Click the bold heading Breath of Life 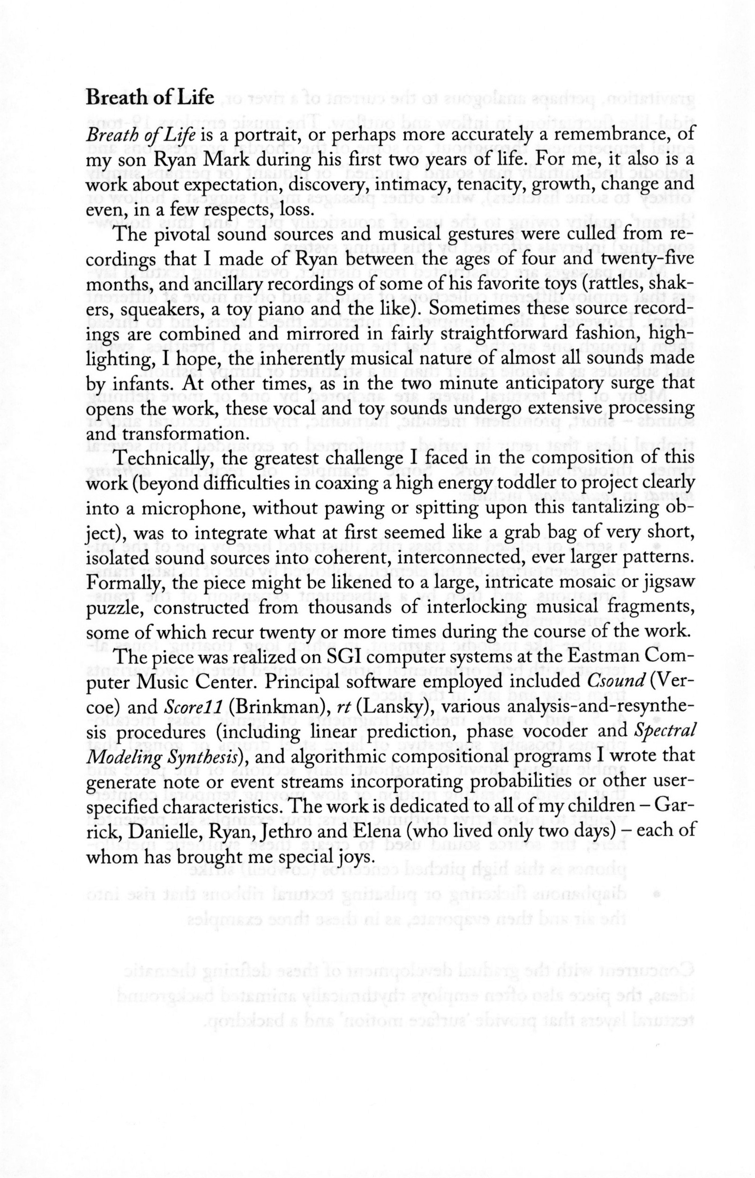coord(150,98)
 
